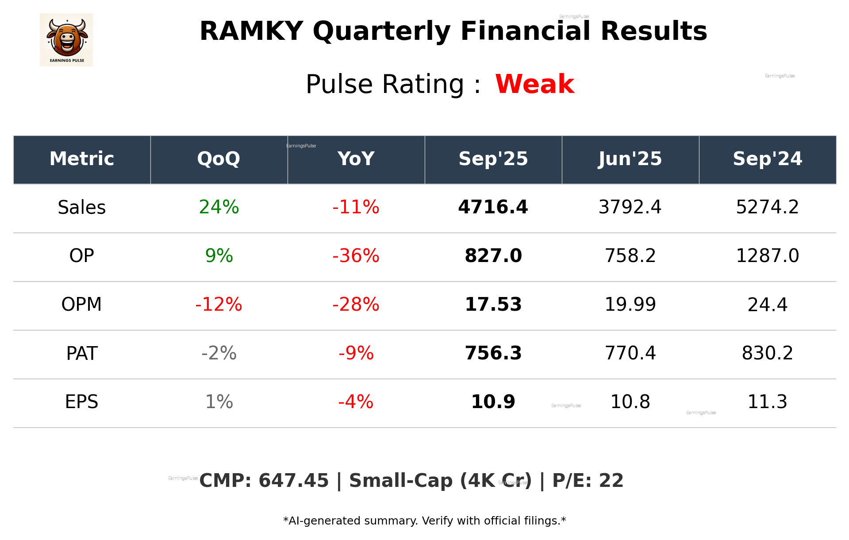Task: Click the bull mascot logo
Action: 66,39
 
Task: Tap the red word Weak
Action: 534,84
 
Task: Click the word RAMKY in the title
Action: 251,31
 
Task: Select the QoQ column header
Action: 219,159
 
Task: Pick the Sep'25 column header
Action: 493,159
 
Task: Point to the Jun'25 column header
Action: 630,159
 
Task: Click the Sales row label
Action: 82,208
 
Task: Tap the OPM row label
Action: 82,305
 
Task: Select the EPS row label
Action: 82,402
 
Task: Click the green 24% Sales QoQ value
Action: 219,207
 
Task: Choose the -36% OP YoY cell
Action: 356,256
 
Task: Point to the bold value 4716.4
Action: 493,207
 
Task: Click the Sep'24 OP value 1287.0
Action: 767,256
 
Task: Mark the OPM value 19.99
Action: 630,305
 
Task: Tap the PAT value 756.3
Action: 493,353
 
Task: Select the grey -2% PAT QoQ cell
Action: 219,353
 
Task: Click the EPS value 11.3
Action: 767,402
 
